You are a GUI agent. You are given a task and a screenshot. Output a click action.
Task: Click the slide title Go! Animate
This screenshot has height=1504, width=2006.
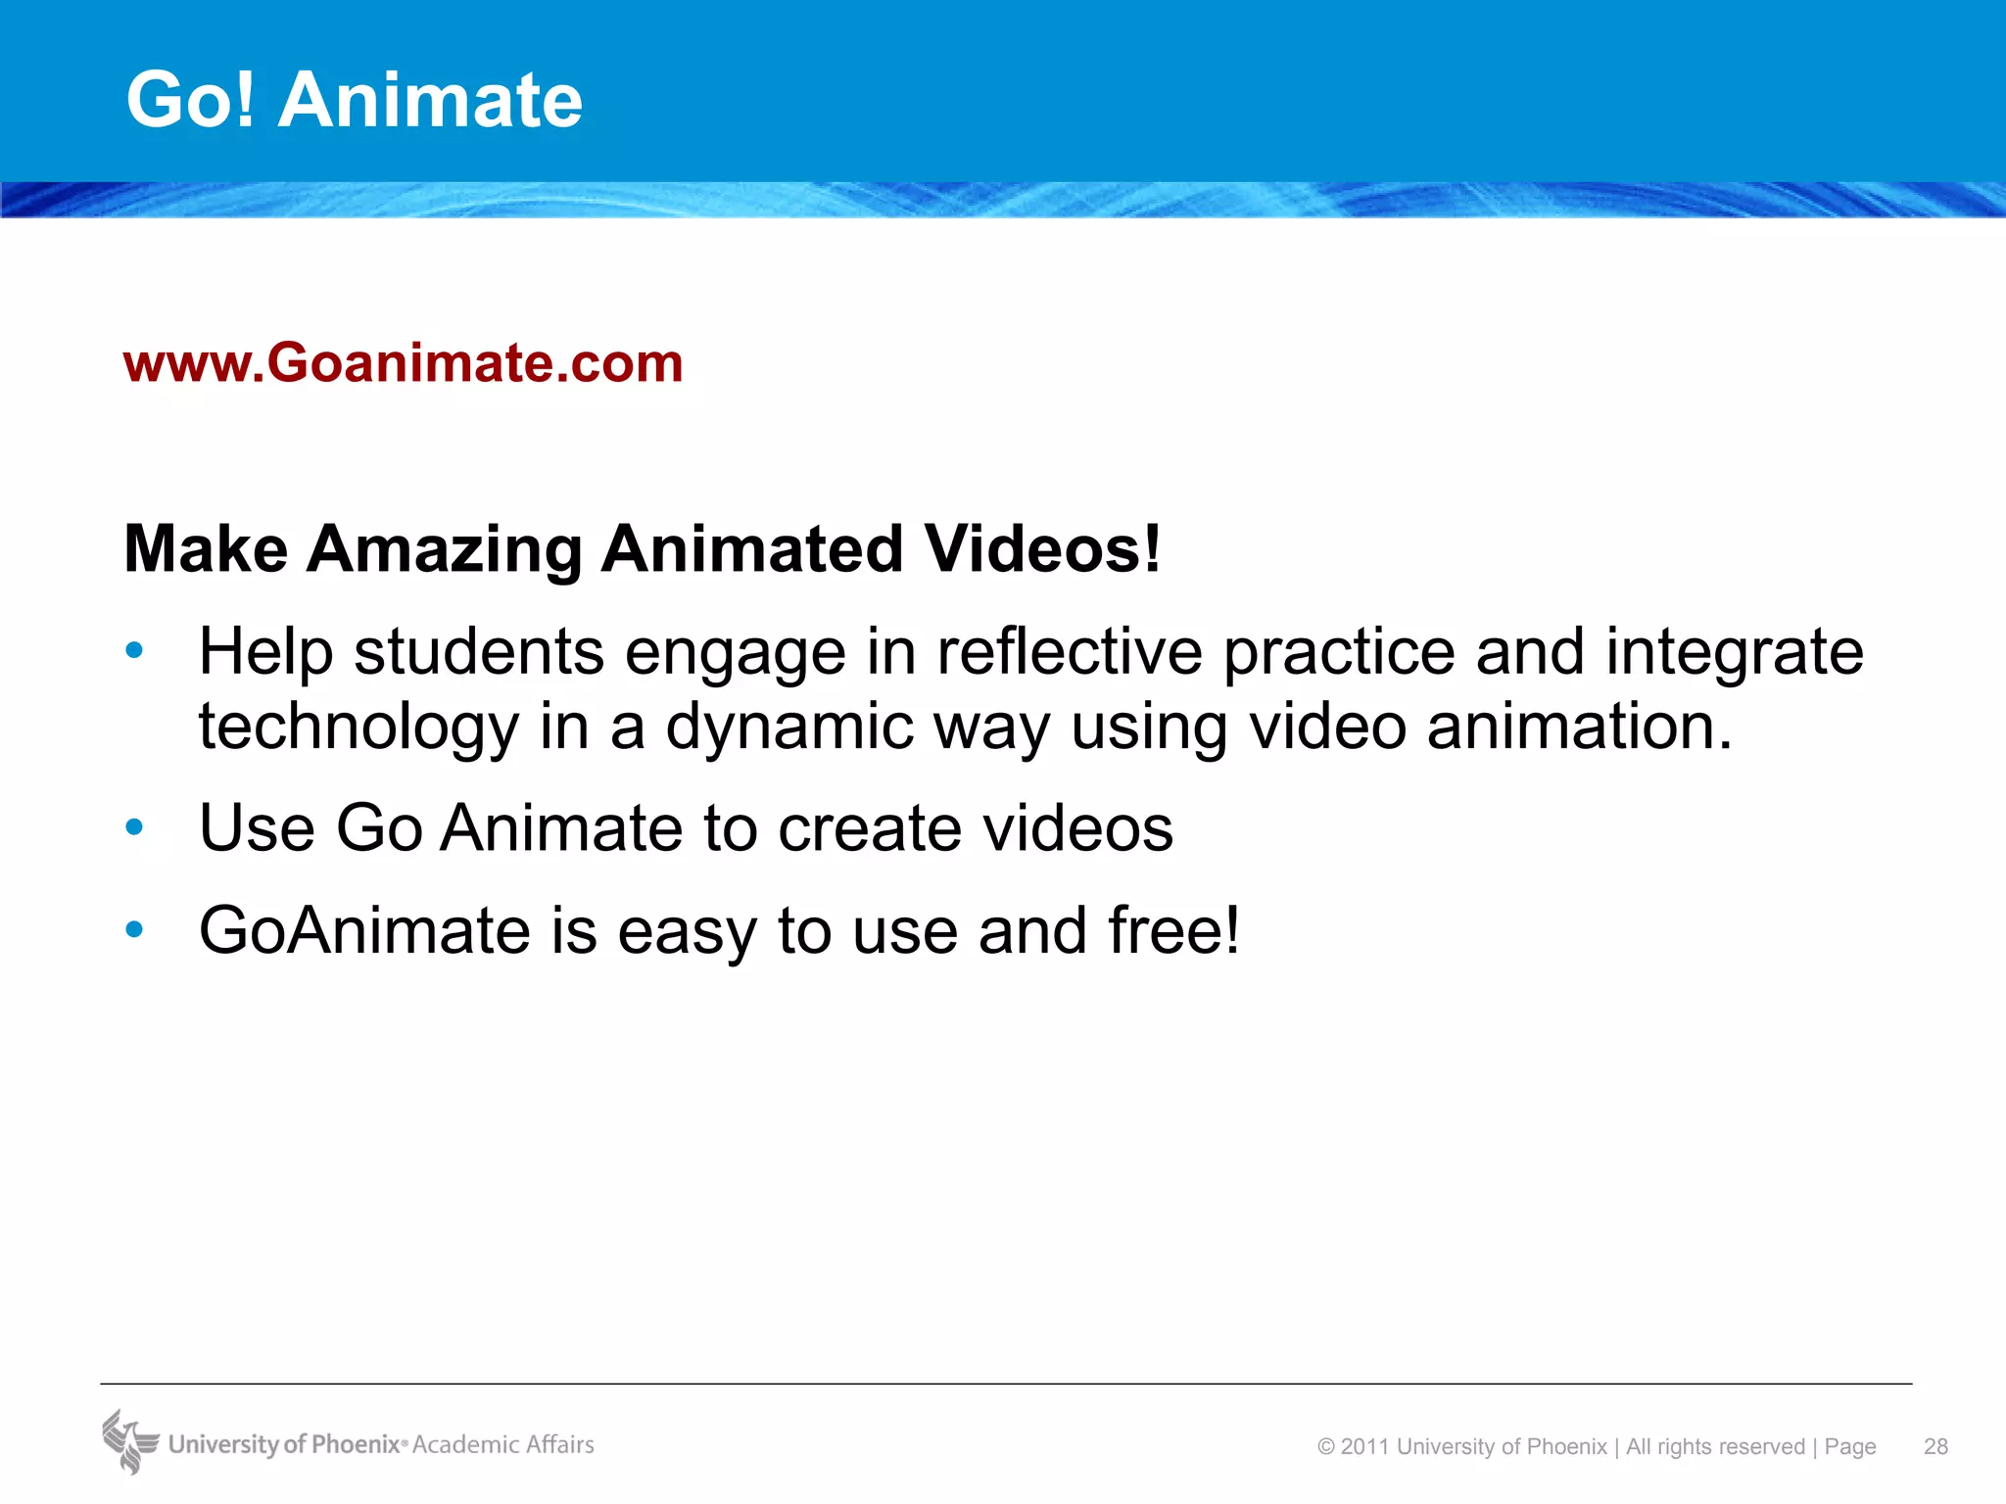coord(355,100)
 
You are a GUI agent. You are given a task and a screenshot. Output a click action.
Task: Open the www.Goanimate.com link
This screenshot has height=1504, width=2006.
coord(403,363)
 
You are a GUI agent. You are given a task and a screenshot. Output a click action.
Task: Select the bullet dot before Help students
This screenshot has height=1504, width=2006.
coord(135,650)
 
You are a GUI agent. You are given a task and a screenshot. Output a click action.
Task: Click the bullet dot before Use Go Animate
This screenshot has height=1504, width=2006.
coord(135,827)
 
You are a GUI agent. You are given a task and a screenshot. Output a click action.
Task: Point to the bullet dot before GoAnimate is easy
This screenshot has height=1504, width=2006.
coord(135,929)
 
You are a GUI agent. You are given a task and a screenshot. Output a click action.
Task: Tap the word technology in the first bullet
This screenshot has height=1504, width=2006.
coord(358,728)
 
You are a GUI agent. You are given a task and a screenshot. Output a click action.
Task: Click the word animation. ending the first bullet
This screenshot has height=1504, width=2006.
coord(1579,728)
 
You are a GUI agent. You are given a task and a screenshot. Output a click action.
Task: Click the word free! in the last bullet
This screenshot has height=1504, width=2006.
coord(1173,930)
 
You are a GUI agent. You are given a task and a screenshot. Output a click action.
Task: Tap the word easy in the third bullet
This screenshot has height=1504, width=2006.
coord(687,932)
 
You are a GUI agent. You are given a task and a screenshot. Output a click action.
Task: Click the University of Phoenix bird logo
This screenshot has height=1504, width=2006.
coord(129,1441)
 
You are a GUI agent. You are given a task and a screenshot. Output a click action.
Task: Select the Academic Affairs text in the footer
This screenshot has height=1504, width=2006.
coord(503,1444)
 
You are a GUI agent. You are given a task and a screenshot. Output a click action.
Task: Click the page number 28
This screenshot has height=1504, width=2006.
coord(1935,1446)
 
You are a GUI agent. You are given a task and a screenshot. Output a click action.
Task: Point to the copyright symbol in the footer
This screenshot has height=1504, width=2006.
coord(1326,1447)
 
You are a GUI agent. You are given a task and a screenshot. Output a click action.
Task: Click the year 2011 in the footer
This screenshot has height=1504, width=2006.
coord(1365,1447)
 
